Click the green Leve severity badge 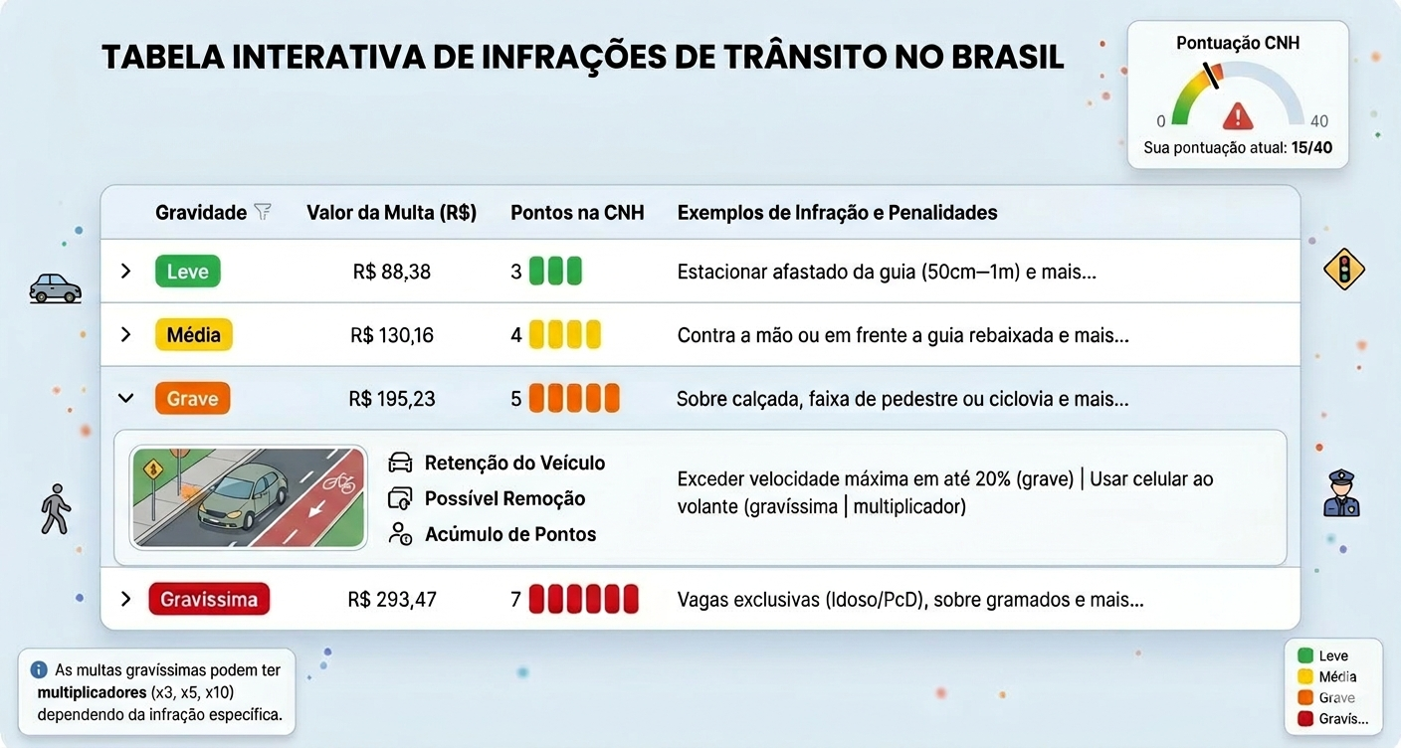click(x=188, y=271)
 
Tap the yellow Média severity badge click(x=193, y=334)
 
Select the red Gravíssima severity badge click(x=209, y=599)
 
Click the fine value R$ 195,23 click(x=391, y=399)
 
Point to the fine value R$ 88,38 click(x=391, y=272)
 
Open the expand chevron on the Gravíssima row click(x=125, y=599)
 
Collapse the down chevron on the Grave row click(x=125, y=398)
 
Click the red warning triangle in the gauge click(x=1237, y=116)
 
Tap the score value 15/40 click(x=1311, y=147)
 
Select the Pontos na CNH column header click(x=577, y=213)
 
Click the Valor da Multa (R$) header click(x=391, y=213)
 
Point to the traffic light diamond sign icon click(x=1343, y=270)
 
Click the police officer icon click(x=1341, y=493)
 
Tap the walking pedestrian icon click(x=56, y=509)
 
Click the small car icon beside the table click(x=55, y=288)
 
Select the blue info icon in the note click(x=39, y=669)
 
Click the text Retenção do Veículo click(x=514, y=463)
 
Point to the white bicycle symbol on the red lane click(x=338, y=482)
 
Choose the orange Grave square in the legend click(x=1305, y=697)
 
